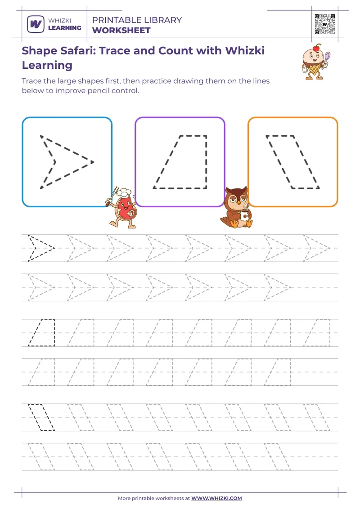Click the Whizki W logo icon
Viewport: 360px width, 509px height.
coord(35,24)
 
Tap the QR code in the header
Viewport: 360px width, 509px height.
coord(324,24)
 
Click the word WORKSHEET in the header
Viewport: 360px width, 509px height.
coord(121,31)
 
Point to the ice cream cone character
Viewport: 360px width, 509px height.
coord(316,63)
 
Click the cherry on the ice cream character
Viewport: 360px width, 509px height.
coord(317,47)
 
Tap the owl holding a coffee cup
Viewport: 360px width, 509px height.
coord(236,208)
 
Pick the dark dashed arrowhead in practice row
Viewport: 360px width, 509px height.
coord(40,248)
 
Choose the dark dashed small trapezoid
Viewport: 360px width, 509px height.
coord(42,333)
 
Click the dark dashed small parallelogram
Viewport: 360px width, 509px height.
coord(41,417)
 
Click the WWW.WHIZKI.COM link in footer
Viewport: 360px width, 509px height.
coord(216,498)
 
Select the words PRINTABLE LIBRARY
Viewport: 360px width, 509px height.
coord(137,20)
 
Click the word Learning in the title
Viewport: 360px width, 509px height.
coord(47,65)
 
